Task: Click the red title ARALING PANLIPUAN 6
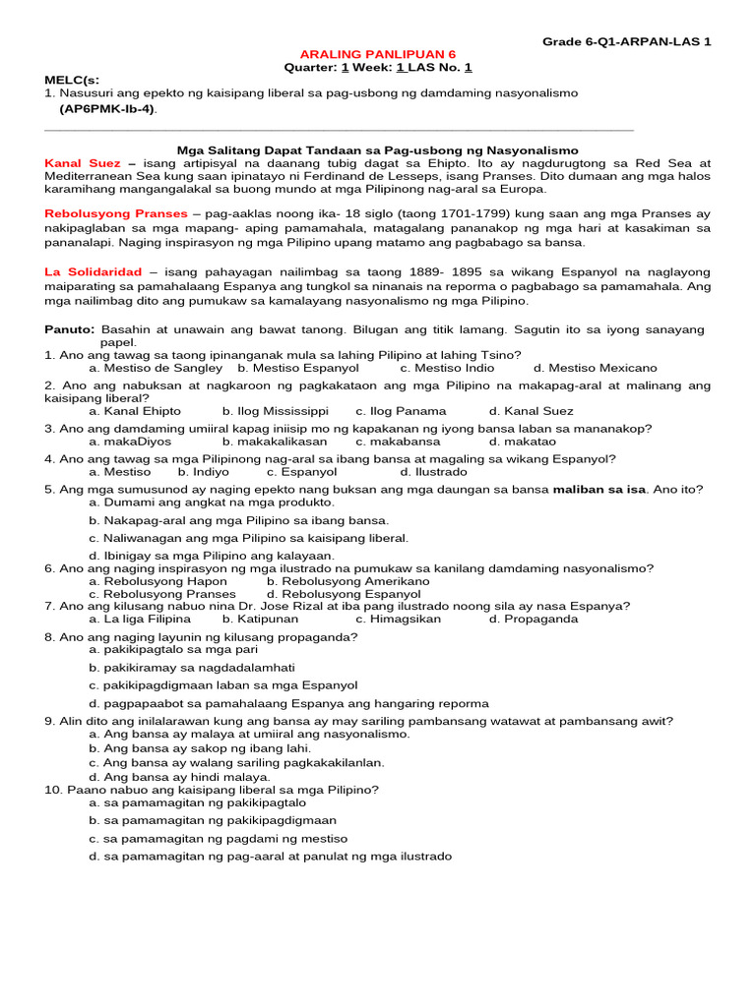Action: (x=377, y=54)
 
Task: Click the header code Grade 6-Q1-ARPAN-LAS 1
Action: (x=626, y=41)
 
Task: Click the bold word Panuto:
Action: (x=70, y=328)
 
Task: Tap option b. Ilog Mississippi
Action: (x=276, y=411)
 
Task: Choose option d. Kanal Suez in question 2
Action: (x=531, y=411)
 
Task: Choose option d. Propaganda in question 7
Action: (x=533, y=620)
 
